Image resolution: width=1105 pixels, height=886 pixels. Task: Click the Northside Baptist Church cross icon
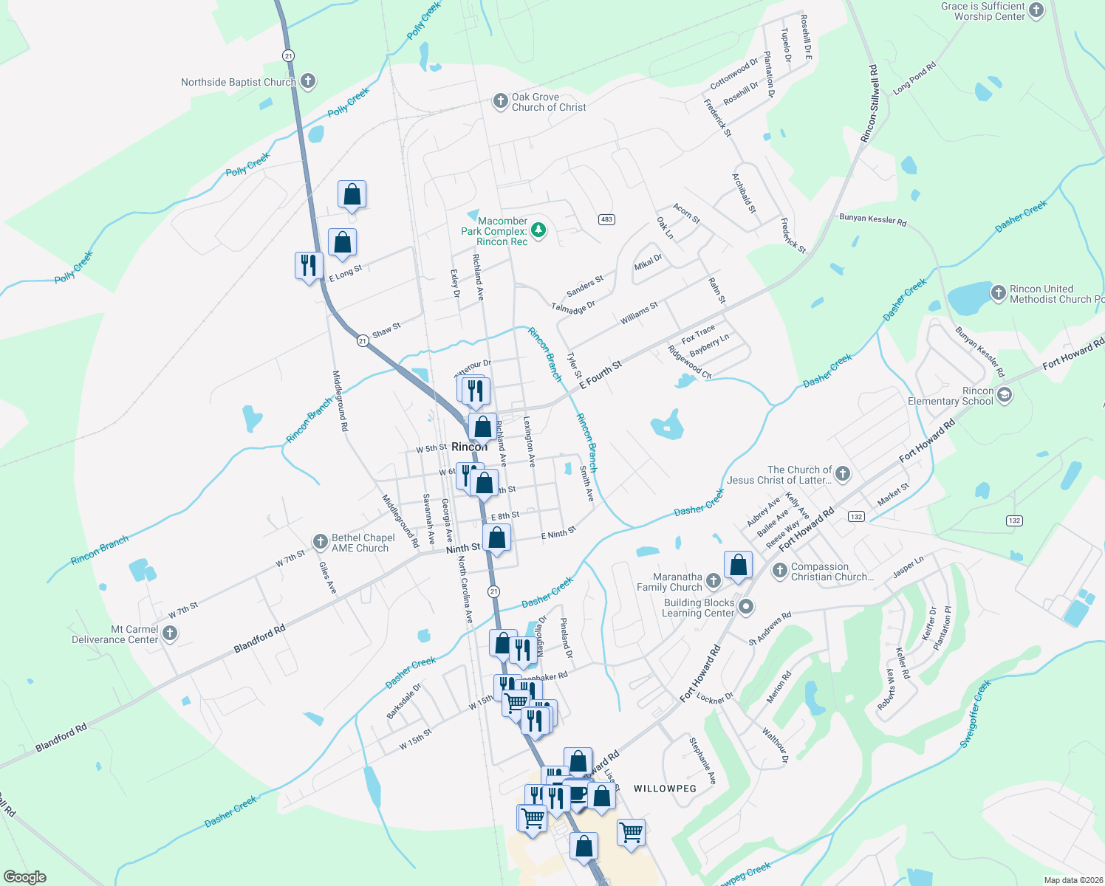(x=308, y=82)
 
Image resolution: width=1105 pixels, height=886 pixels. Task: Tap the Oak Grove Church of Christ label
(x=549, y=102)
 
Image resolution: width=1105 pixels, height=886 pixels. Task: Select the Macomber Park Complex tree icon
(x=539, y=230)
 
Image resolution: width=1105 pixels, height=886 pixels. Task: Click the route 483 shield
(x=606, y=219)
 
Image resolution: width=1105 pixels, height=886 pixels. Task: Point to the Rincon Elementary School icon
(x=1004, y=395)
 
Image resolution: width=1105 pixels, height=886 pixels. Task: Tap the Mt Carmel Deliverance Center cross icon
(x=170, y=633)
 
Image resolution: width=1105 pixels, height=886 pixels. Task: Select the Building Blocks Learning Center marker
(x=746, y=607)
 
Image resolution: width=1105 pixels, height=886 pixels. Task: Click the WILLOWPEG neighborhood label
(x=665, y=789)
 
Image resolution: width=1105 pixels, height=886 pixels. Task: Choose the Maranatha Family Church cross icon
(x=713, y=581)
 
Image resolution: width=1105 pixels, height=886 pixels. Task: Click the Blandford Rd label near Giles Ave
(x=259, y=639)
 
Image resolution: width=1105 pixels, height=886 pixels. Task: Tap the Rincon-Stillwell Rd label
(x=869, y=103)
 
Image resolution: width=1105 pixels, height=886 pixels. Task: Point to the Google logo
(x=24, y=877)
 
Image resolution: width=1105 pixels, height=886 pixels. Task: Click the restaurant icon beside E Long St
(x=309, y=264)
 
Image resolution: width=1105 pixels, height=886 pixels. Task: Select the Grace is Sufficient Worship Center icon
(x=1036, y=10)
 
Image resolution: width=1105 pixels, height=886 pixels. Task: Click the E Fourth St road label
(x=601, y=375)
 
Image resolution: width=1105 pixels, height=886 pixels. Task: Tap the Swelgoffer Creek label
(x=975, y=714)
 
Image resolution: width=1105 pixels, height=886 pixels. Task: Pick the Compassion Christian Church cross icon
(x=780, y=571)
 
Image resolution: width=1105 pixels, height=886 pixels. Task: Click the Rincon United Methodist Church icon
(x=998, y=293)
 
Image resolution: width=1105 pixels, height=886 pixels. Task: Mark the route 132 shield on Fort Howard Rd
(x=856, y=516)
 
